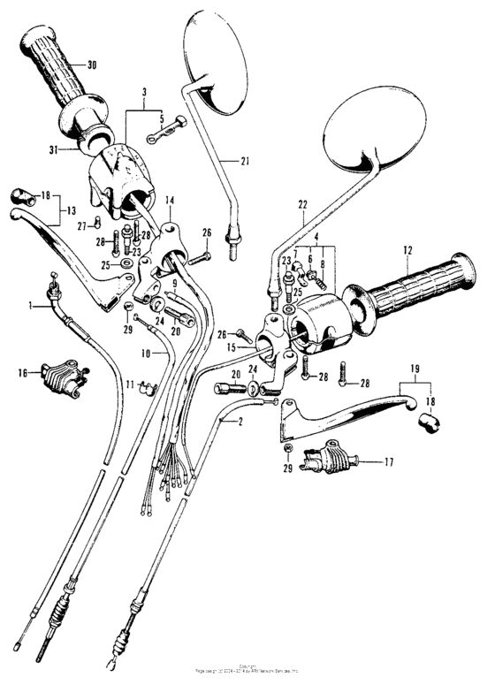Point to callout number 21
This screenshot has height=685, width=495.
245,160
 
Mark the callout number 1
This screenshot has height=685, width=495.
31,305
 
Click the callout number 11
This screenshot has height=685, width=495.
129,384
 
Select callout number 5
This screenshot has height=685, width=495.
161,117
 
